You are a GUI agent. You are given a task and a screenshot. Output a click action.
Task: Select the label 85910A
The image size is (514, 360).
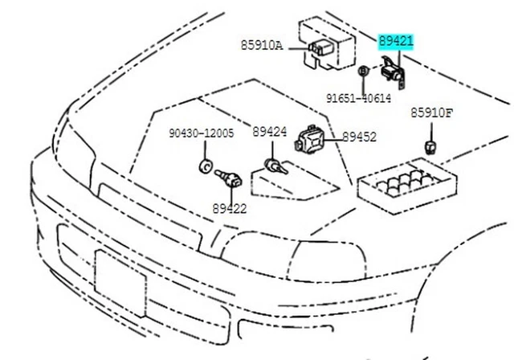261,47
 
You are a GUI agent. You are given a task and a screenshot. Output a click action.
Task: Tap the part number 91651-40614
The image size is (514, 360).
358,99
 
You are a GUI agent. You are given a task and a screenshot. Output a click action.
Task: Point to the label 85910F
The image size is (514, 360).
432,113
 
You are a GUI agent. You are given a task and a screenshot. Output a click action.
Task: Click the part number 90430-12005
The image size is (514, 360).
201,133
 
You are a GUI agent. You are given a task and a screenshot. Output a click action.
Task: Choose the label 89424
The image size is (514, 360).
269,132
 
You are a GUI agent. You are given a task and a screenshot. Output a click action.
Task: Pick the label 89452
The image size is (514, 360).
359,137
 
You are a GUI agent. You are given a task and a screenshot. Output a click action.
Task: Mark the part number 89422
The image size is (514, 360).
230,208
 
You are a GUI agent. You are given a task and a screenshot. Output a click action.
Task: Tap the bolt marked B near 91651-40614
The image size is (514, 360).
363,72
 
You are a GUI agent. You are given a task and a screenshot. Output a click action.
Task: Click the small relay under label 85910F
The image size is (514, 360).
430,145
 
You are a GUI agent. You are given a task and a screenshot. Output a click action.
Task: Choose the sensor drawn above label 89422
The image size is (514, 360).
230,179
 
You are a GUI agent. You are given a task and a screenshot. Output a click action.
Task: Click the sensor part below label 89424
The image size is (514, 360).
275,166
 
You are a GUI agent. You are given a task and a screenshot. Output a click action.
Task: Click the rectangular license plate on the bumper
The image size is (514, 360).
120,281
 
